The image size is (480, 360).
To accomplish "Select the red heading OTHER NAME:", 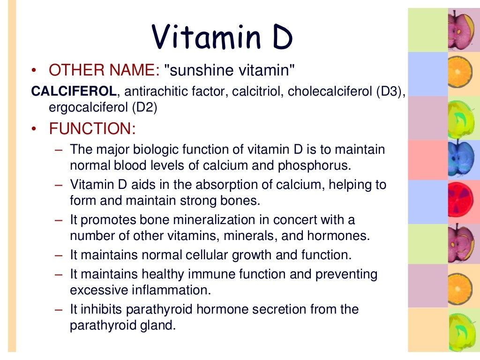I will coord(105,71).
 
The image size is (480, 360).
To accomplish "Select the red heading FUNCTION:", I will coord(92,128).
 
